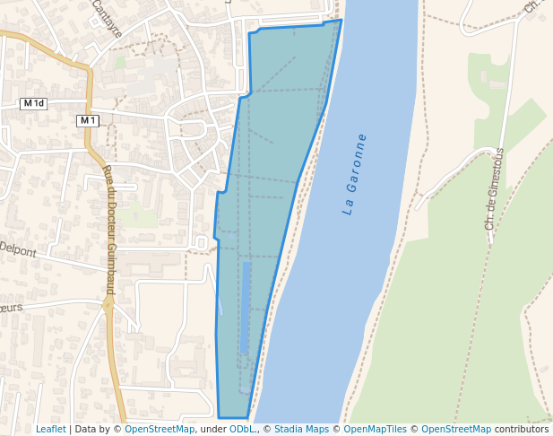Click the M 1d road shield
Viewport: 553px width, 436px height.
[34, 104]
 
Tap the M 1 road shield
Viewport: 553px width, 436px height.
[87, 120]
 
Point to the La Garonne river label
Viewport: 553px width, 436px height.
[355, 174]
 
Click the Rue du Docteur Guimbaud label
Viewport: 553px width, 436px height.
[108, 229]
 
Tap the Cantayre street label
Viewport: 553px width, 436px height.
[107, 20]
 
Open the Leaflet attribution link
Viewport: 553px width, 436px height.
[50, 429]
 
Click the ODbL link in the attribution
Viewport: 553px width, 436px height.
[242, 429]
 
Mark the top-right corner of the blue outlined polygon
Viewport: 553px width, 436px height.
[341, 20]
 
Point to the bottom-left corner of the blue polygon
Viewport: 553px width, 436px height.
[219, 417]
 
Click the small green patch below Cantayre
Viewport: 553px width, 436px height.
[120, 62]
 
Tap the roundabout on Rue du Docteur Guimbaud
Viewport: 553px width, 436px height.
[108, 305]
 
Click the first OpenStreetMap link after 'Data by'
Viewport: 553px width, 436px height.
[160, 429]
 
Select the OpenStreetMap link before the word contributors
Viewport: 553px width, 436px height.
[456, 429]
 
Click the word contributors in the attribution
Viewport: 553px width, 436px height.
[522, 429]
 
